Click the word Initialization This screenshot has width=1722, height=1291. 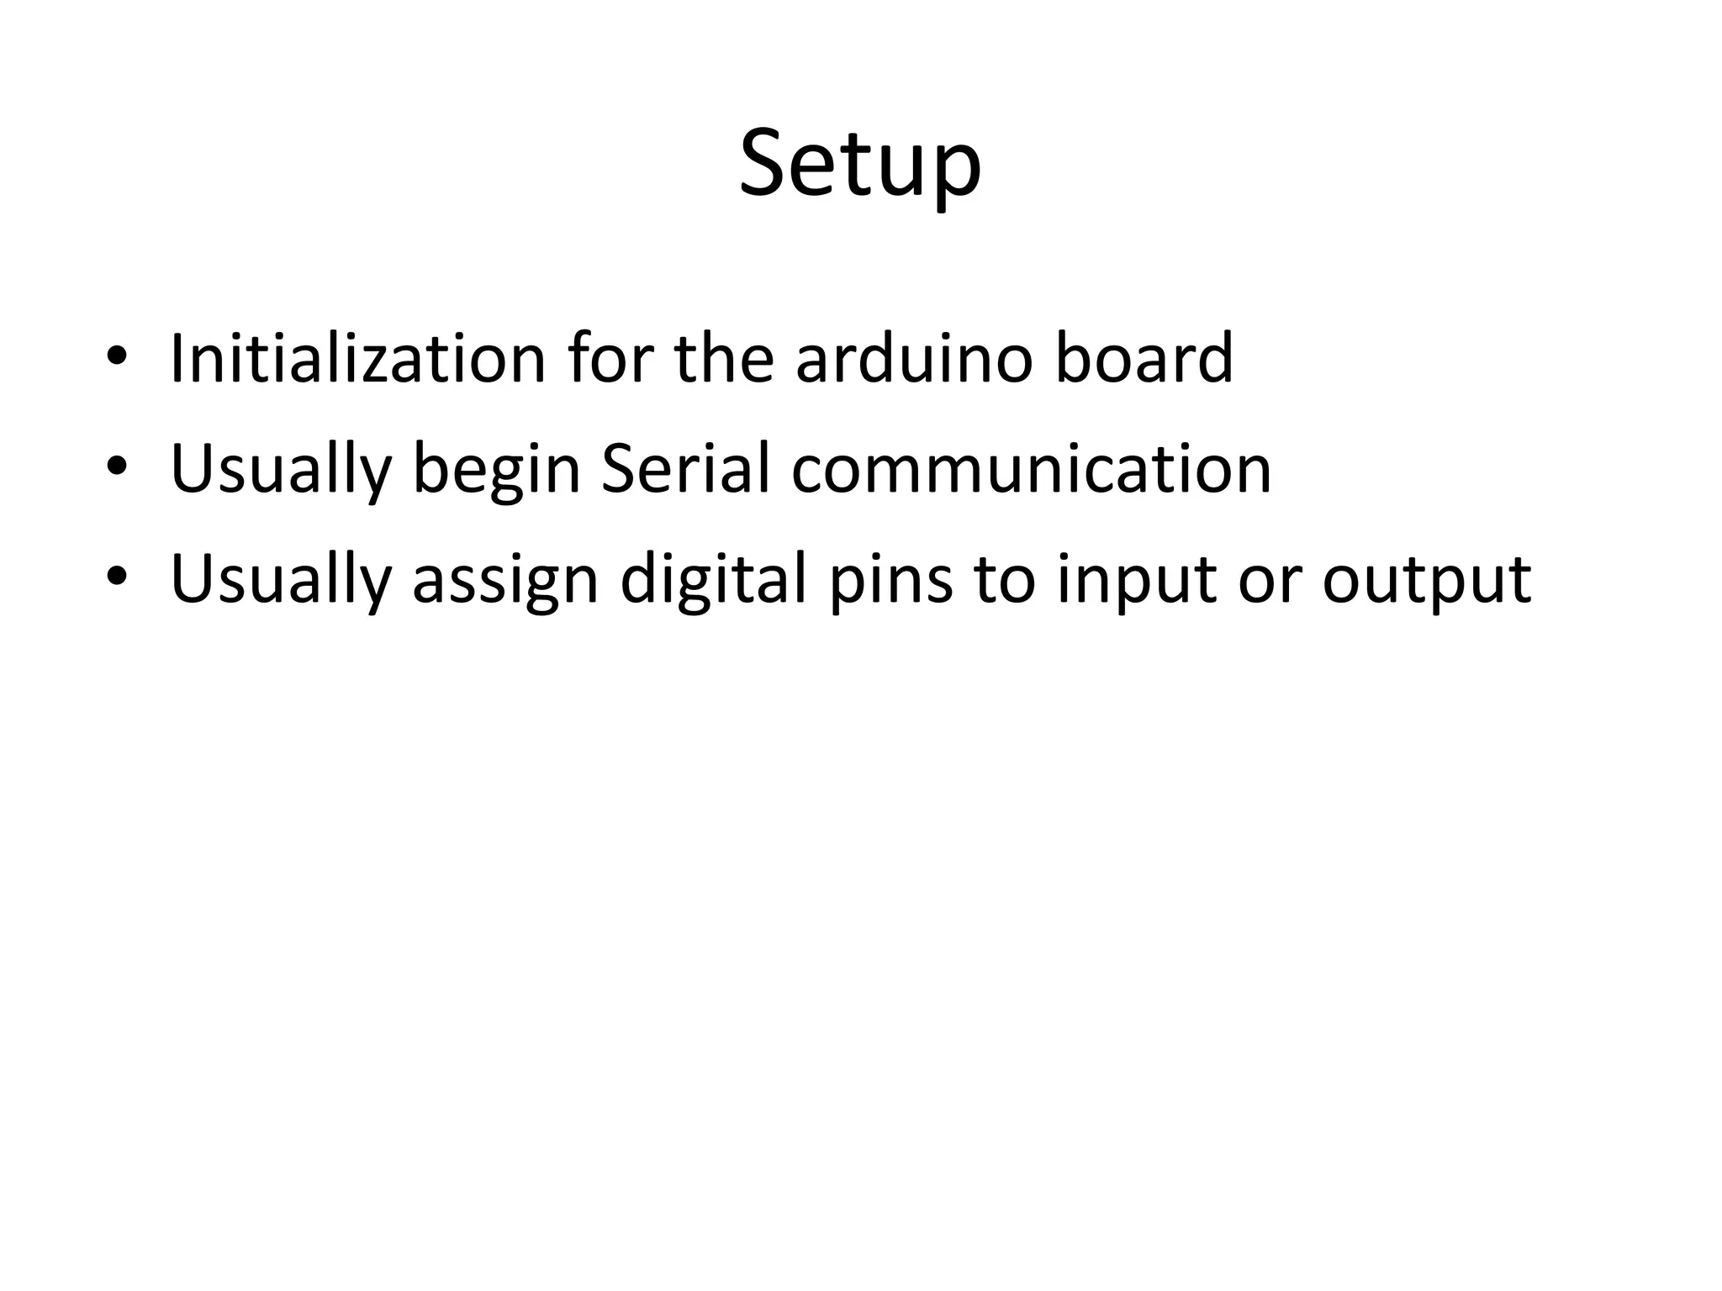coord(358,359)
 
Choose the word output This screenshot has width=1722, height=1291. coord(1426,582)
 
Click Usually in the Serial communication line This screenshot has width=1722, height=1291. coord(281,471)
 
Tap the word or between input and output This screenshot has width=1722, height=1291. coord(1269,582)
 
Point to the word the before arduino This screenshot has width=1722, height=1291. coord(723,359)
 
